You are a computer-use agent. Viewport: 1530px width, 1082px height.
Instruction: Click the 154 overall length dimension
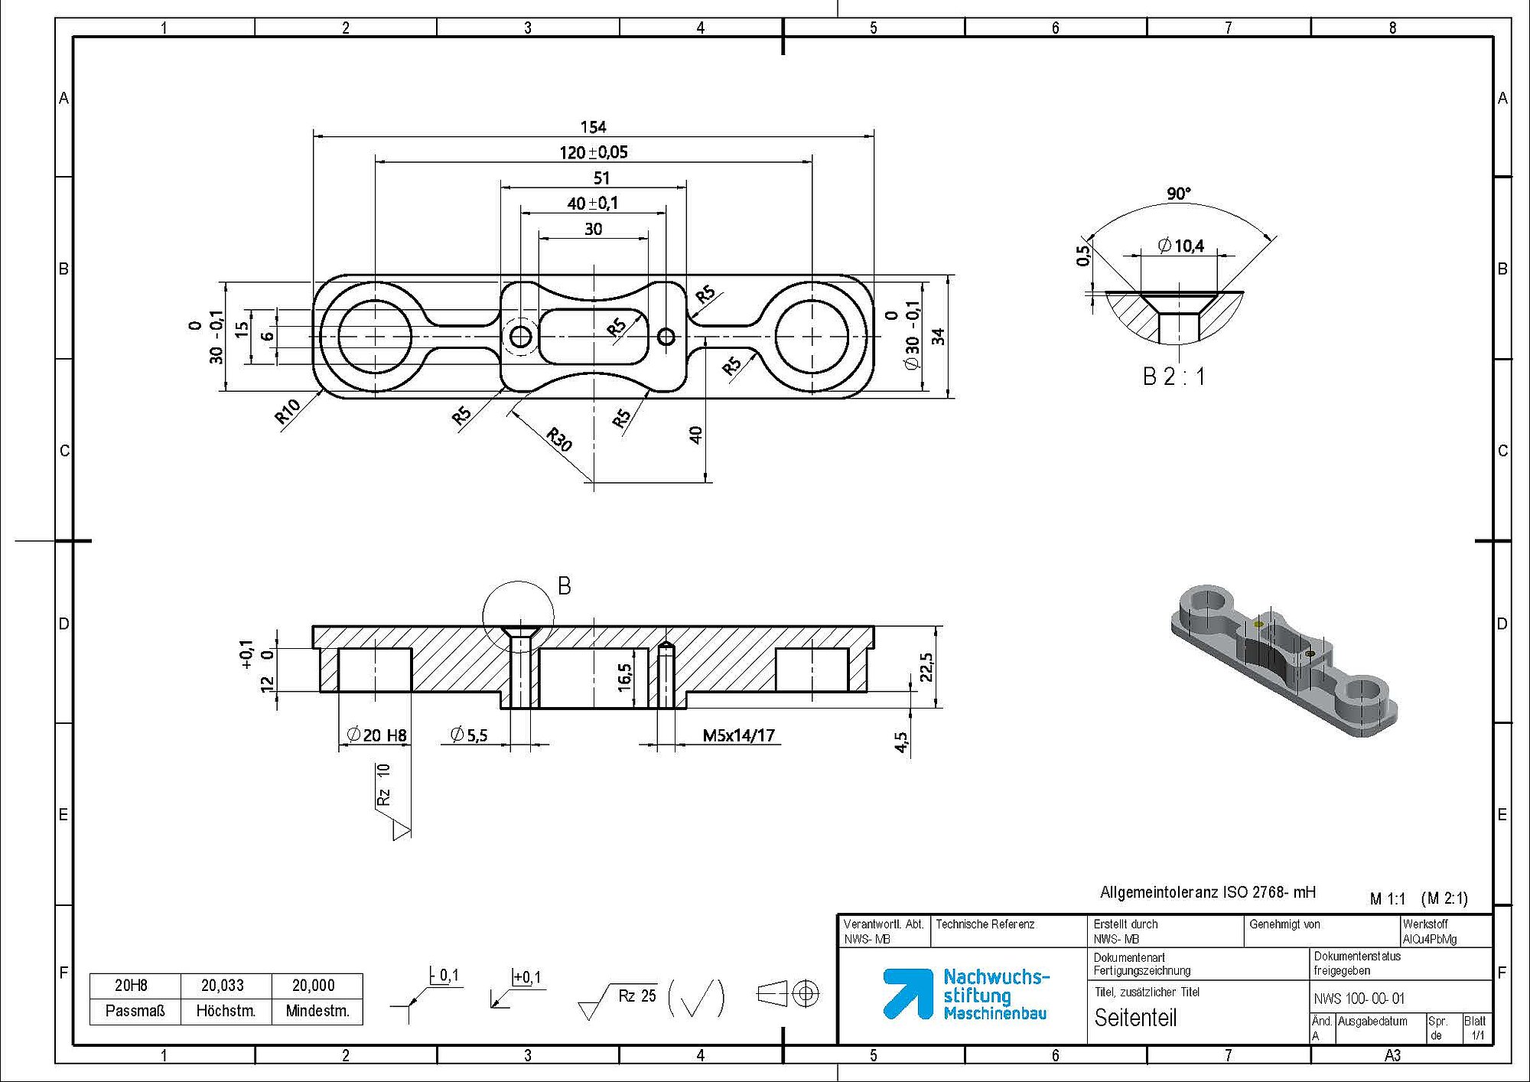coord(593,127)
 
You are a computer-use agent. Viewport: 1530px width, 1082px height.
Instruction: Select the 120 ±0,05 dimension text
coord(593,152)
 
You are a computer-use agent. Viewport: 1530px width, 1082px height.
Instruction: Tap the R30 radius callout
coord(559,440)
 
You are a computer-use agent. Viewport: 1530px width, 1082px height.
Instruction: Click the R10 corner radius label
coord(288,412)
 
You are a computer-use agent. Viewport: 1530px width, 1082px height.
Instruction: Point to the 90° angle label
coord(1179,194)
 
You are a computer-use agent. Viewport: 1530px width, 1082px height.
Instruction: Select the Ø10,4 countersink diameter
coord(1181,246)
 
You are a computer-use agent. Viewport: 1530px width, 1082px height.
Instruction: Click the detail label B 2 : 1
coord(1174,376)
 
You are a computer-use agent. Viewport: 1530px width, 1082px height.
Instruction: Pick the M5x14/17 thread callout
coord(738,736)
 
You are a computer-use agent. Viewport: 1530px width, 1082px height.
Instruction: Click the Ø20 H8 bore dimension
coord(376,735)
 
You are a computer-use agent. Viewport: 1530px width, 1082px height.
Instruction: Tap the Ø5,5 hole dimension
coord(468,735)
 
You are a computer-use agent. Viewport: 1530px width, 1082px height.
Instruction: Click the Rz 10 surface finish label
coord(384,784)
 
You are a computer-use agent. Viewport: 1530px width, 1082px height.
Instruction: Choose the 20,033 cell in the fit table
coord(223,986)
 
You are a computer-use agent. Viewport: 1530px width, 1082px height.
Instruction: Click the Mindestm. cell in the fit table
coord(317,1011)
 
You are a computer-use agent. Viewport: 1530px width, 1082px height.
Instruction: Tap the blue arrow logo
coord(908,993)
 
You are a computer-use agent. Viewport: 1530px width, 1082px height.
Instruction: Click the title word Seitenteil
coord(1135,1018)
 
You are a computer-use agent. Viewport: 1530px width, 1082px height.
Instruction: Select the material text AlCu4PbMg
coord(1429,939)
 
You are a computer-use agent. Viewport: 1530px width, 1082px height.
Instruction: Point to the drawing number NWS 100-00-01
coord(1359,999)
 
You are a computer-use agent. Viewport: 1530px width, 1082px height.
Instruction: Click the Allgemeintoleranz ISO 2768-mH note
coord(1208,892)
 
